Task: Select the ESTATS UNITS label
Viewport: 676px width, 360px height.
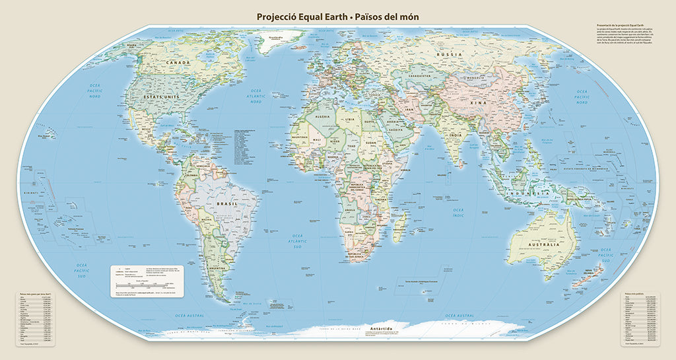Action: (162, 97)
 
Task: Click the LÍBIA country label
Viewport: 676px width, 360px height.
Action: (350, 118)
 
